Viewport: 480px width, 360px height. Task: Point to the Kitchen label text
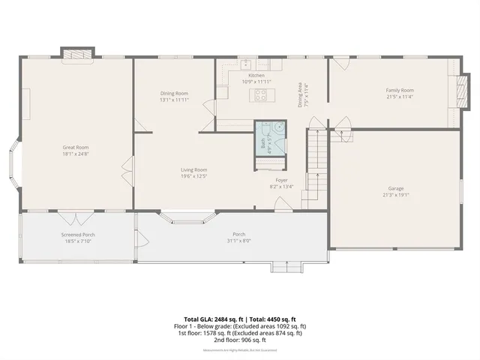click(256, 76)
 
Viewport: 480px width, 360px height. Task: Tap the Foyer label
click(282, 180)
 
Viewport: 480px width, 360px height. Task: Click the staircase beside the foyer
click(316, 169)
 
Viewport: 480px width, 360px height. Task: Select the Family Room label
click(400, 90)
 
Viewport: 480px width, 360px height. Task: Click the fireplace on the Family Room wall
click(453, 91)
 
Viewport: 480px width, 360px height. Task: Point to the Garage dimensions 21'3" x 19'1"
click(397, 195)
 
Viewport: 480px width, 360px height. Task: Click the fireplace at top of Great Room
click(77, 54)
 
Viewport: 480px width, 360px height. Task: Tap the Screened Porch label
click(78, 235)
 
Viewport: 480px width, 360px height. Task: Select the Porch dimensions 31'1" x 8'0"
click(238, 240)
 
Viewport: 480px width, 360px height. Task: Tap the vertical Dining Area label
click(300, 94)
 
